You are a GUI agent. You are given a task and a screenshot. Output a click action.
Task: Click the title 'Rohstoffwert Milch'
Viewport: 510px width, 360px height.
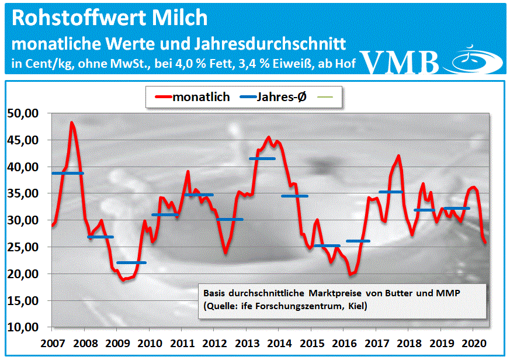109,18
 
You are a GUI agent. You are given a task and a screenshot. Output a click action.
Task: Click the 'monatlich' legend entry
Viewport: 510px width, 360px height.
192,96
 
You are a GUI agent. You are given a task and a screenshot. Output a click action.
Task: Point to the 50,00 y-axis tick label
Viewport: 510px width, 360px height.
24,113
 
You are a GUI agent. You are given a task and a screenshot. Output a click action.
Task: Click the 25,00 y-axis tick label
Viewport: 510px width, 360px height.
24,247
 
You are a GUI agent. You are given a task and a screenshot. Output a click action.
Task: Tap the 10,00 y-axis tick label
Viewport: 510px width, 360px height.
24,327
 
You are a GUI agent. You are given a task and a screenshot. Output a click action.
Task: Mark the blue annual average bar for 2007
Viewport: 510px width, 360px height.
67,174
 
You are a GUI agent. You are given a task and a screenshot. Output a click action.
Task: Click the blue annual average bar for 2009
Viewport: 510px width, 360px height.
131,263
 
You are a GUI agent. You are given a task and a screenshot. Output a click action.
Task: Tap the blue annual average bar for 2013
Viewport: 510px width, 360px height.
262,158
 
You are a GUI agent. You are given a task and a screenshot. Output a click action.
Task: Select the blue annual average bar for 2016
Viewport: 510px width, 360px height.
358,241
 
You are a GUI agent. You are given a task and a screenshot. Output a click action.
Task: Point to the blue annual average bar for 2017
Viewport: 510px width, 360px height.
391,192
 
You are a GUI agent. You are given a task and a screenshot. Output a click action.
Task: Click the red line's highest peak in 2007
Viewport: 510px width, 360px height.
71,123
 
